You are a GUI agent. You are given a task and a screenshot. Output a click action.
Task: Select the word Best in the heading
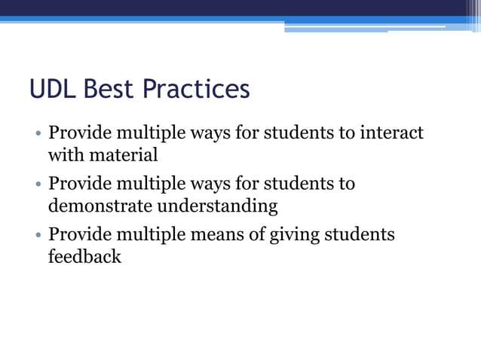pos(110,90)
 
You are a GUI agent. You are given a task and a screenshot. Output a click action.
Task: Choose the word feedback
pos(84,256)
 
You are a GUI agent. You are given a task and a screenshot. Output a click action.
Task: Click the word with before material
pos(66,156)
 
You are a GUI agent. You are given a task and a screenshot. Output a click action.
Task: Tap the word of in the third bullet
pos(256,234)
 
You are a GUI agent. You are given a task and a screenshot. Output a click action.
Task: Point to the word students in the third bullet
pos(360,234)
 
